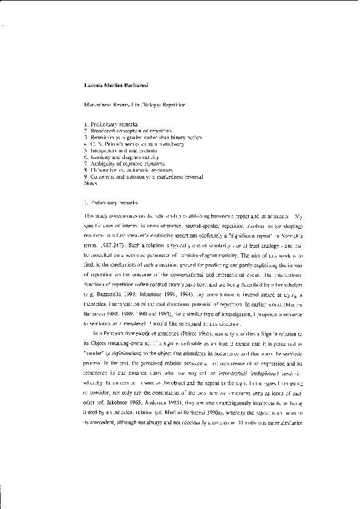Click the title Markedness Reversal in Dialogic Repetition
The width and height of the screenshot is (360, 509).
click(134, 105)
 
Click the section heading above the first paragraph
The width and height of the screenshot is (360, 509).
click(112, 202)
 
